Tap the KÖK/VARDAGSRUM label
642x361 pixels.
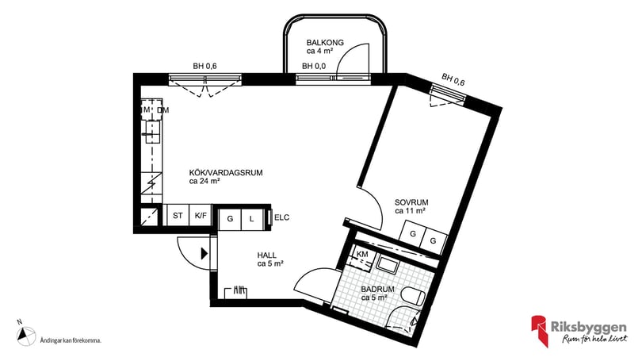tap(226, 172)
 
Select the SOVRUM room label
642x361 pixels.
tap(411, 202)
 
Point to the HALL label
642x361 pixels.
tap(266, 255)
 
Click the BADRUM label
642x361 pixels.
tap(377, 290)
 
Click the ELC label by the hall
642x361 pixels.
tap(282, 217)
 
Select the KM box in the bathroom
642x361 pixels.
tap(362, 254)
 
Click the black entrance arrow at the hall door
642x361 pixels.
tap(204, 254)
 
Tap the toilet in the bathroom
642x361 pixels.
tap(412, 298)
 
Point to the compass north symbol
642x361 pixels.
tap(25, 336)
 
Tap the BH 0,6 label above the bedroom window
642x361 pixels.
tap(453, 79)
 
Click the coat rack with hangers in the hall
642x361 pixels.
tap(237, 292)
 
